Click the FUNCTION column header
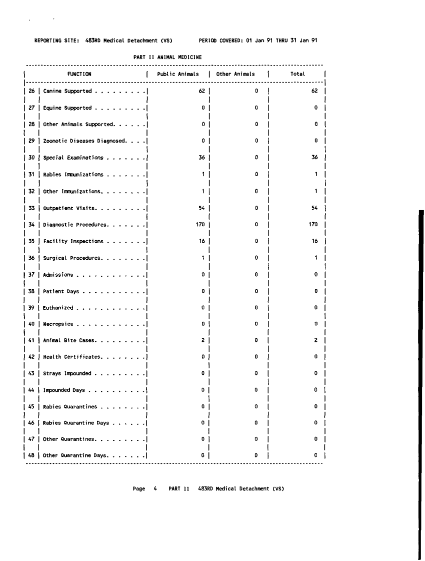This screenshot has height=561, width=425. (x=79, y=74)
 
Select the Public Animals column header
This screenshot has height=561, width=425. (x=177, y=74)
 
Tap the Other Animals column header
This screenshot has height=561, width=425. (x=235, y=74)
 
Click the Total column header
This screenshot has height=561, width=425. (x=297, y=74)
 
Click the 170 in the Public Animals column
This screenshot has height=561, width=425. (x=200, y=225)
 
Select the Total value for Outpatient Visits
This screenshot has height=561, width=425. (x=314, y=208)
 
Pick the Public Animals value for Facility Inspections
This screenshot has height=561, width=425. (x=202, y=241)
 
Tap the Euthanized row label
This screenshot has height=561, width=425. (x=58, y=307)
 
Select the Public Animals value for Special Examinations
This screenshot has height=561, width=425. (x=202, y=158)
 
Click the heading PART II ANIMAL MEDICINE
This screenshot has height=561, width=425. (x=167, y=57)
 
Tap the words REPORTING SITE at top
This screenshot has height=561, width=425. (x=55, y=40)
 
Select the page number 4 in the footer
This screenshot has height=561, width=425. (x=155, y=488)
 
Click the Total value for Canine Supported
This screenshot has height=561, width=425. (x=314, y=91)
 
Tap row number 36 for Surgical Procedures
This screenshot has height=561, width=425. (x=32, y=258)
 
